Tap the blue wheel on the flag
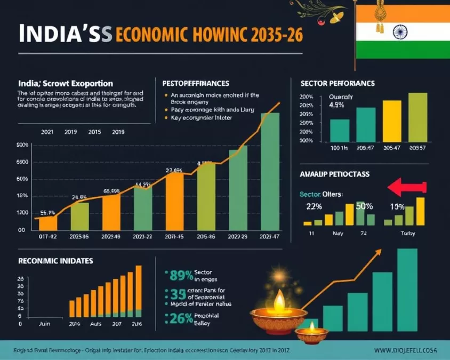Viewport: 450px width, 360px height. pyautogui.click(x=400, y=33)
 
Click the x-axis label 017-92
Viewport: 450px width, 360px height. pyautogui.click(x=47, y=236)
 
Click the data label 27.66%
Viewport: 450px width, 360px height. pyautogui.click(x=174, y=171)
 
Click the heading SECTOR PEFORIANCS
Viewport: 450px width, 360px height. pyautogui.click(x=337, y=84)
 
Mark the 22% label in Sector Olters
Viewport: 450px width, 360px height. pyautogui.click(x=314, y=206)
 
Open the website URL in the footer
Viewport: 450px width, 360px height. pyautogui.click(x=405, y=350)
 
